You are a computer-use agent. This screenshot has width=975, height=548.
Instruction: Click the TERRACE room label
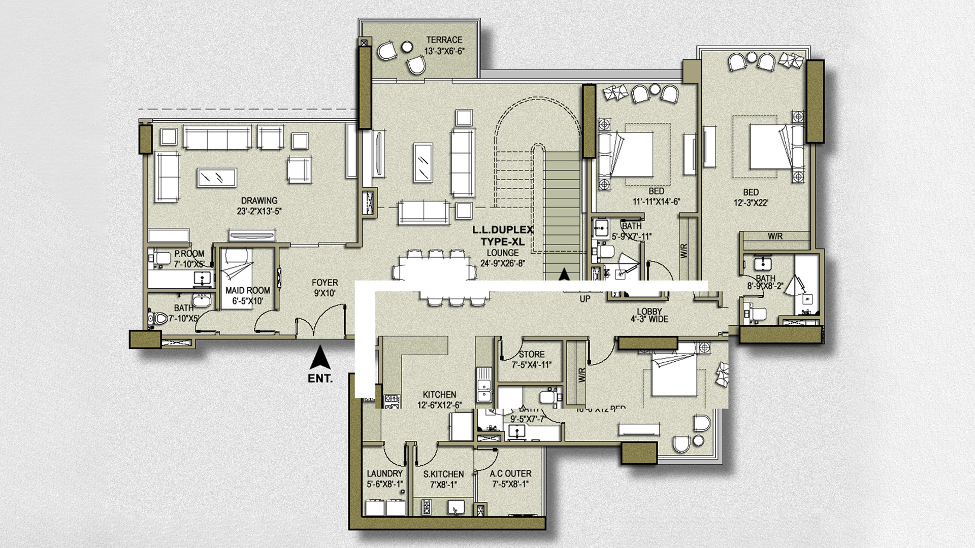pos(444,40)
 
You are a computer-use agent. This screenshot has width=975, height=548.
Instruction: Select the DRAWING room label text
pos(259,201)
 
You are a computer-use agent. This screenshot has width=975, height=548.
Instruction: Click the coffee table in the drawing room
pos(217,178)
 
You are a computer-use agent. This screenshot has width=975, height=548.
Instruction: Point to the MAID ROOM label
pos(248,291)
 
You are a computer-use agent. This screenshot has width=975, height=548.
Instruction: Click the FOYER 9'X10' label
pos(324,288)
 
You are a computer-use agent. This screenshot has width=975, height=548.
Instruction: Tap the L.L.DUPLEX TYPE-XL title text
pos(503,235)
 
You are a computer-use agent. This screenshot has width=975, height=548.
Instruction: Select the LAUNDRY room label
pos(384,474)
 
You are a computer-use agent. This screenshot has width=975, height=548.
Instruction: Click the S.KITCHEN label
pos(443,474)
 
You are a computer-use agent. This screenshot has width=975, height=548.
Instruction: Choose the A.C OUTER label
pos(510,474)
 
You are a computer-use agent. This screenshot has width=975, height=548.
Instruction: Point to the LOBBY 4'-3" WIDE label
pos(649,315)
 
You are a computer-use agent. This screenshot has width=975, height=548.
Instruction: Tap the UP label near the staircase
pos(585,299)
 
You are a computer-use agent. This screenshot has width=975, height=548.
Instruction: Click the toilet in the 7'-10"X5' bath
pos(159,318)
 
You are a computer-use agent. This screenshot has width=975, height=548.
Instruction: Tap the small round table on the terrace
pos(407,47)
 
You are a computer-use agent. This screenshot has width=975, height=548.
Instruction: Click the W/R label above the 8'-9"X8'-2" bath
pos(775,236)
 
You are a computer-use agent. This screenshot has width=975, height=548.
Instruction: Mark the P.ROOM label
pos(189,254)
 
